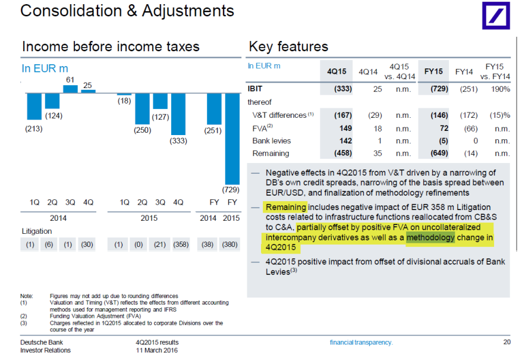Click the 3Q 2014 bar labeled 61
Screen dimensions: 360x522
(70, 89)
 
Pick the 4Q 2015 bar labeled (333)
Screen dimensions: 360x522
(178, 114)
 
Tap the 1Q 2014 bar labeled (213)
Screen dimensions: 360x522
(34, 106)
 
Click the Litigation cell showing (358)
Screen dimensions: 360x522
(178, 244)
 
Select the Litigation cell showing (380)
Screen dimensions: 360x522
(230, 244)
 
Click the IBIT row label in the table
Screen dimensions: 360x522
(255, 89)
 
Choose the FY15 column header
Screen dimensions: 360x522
(433, 71)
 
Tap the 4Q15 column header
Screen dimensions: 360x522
(337, 71)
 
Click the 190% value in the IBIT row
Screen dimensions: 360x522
(501, 89)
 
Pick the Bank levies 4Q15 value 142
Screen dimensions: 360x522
(345, 140)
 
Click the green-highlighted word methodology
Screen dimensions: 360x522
(430, 237)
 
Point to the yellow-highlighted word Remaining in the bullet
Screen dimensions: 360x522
(285, 207)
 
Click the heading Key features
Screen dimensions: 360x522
(288, 46)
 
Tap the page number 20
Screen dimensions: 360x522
(506, 342)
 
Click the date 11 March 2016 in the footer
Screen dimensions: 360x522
(156, 350)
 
